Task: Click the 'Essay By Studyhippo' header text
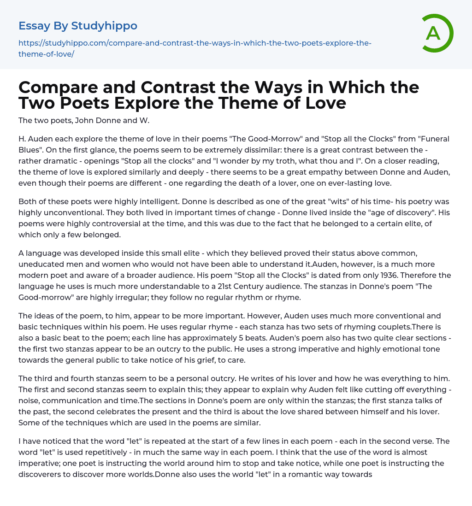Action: click(x=78, y=26)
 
